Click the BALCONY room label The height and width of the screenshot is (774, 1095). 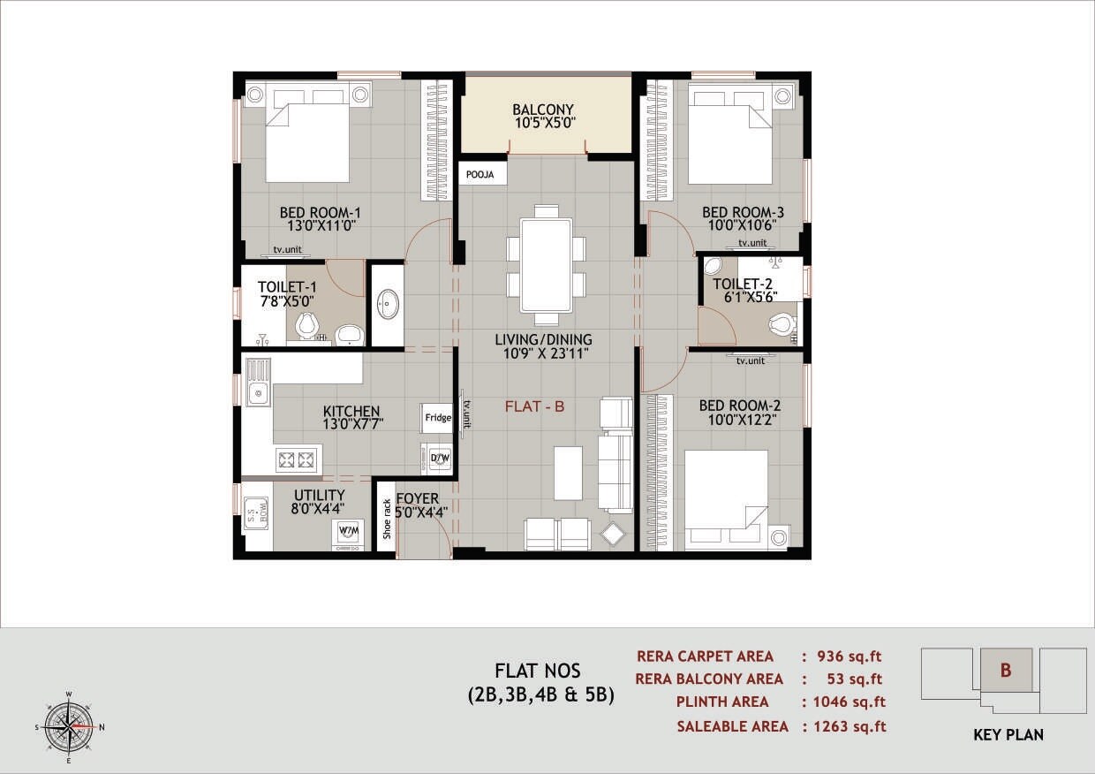click(x=544, y=110)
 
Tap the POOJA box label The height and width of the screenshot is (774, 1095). click(x=482, y=175)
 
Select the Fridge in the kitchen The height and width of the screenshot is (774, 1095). click(x=438, y=418)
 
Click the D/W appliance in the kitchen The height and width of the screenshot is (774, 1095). click(x=439, y=458)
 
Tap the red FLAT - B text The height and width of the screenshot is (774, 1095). click(x=534, y=406)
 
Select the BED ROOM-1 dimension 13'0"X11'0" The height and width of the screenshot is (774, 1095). click(x=320, y=225)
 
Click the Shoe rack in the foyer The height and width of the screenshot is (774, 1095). click(x=387, y=519)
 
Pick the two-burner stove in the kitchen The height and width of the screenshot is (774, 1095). click(x=296, y=459)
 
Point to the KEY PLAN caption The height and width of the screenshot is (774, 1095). click(x=1008, y=735)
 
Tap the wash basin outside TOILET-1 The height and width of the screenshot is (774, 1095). click(x=387, y=305)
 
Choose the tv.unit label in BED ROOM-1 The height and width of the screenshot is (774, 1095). click(x=287, y=250)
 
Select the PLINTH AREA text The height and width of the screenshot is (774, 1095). click(x=722, y=702)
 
